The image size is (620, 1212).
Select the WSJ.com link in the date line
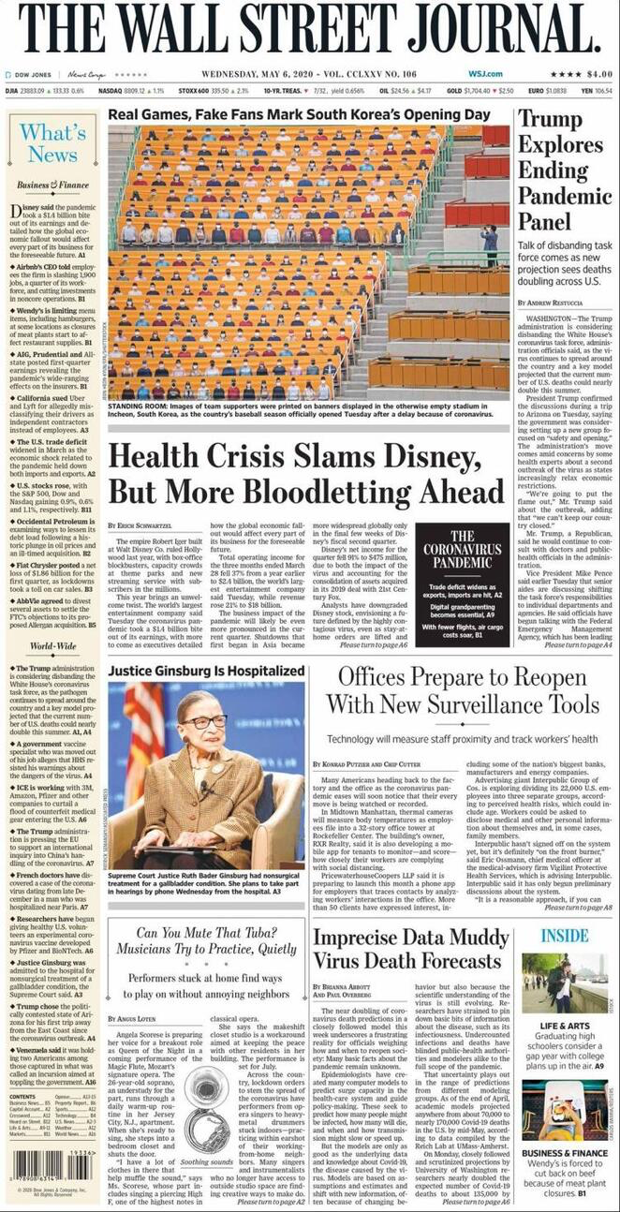coord(486,74)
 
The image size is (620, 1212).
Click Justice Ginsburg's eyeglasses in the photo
coord(207,722)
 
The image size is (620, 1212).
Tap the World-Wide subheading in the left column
coord(52,646)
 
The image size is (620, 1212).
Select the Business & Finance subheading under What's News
coord(52,185)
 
